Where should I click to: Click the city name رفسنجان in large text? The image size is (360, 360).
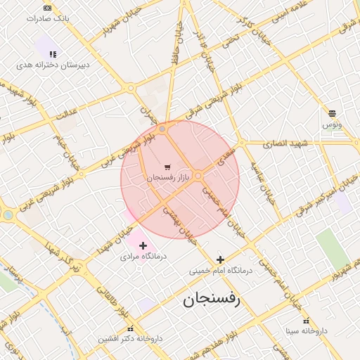tap(212, 300)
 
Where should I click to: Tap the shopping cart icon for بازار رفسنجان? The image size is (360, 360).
tap(167, 167)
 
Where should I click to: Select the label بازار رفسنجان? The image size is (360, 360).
tap(169, 179)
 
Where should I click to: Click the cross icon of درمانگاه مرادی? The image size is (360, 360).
tap(143, 245)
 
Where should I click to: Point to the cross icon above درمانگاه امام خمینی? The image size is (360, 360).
tap(221, 259)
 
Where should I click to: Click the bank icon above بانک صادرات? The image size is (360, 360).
tap(47, 8)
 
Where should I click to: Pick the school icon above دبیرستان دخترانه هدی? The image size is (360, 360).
tap(53, 53)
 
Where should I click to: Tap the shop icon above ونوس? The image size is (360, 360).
tap(332, 112)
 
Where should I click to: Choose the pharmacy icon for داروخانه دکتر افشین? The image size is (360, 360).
tap(130, 328)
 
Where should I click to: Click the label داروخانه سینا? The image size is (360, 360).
tap(307, 330)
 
